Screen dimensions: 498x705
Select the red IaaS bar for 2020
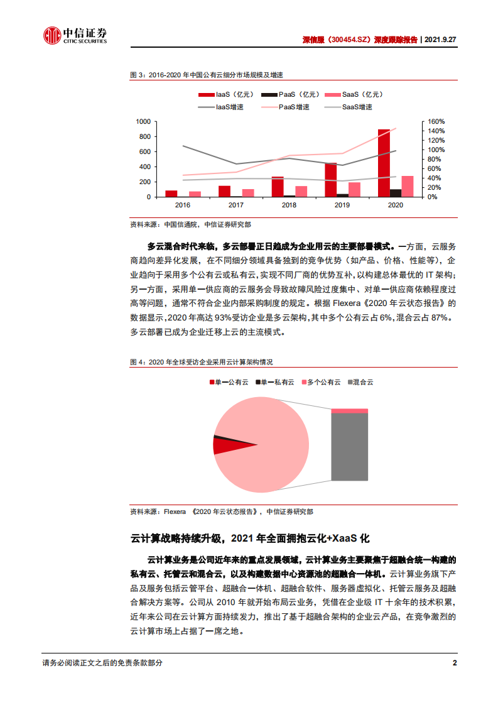384,163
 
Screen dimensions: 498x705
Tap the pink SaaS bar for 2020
408,187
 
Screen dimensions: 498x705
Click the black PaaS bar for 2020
396,193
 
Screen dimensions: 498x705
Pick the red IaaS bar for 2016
171,194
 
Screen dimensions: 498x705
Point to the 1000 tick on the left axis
143,121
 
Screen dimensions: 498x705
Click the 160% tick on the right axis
420,121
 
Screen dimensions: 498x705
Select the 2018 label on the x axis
289,205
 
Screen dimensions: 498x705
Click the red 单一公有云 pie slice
225,446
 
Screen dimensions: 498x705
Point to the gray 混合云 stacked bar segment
349,447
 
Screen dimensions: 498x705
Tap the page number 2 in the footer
455,663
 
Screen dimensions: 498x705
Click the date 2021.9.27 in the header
440,39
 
